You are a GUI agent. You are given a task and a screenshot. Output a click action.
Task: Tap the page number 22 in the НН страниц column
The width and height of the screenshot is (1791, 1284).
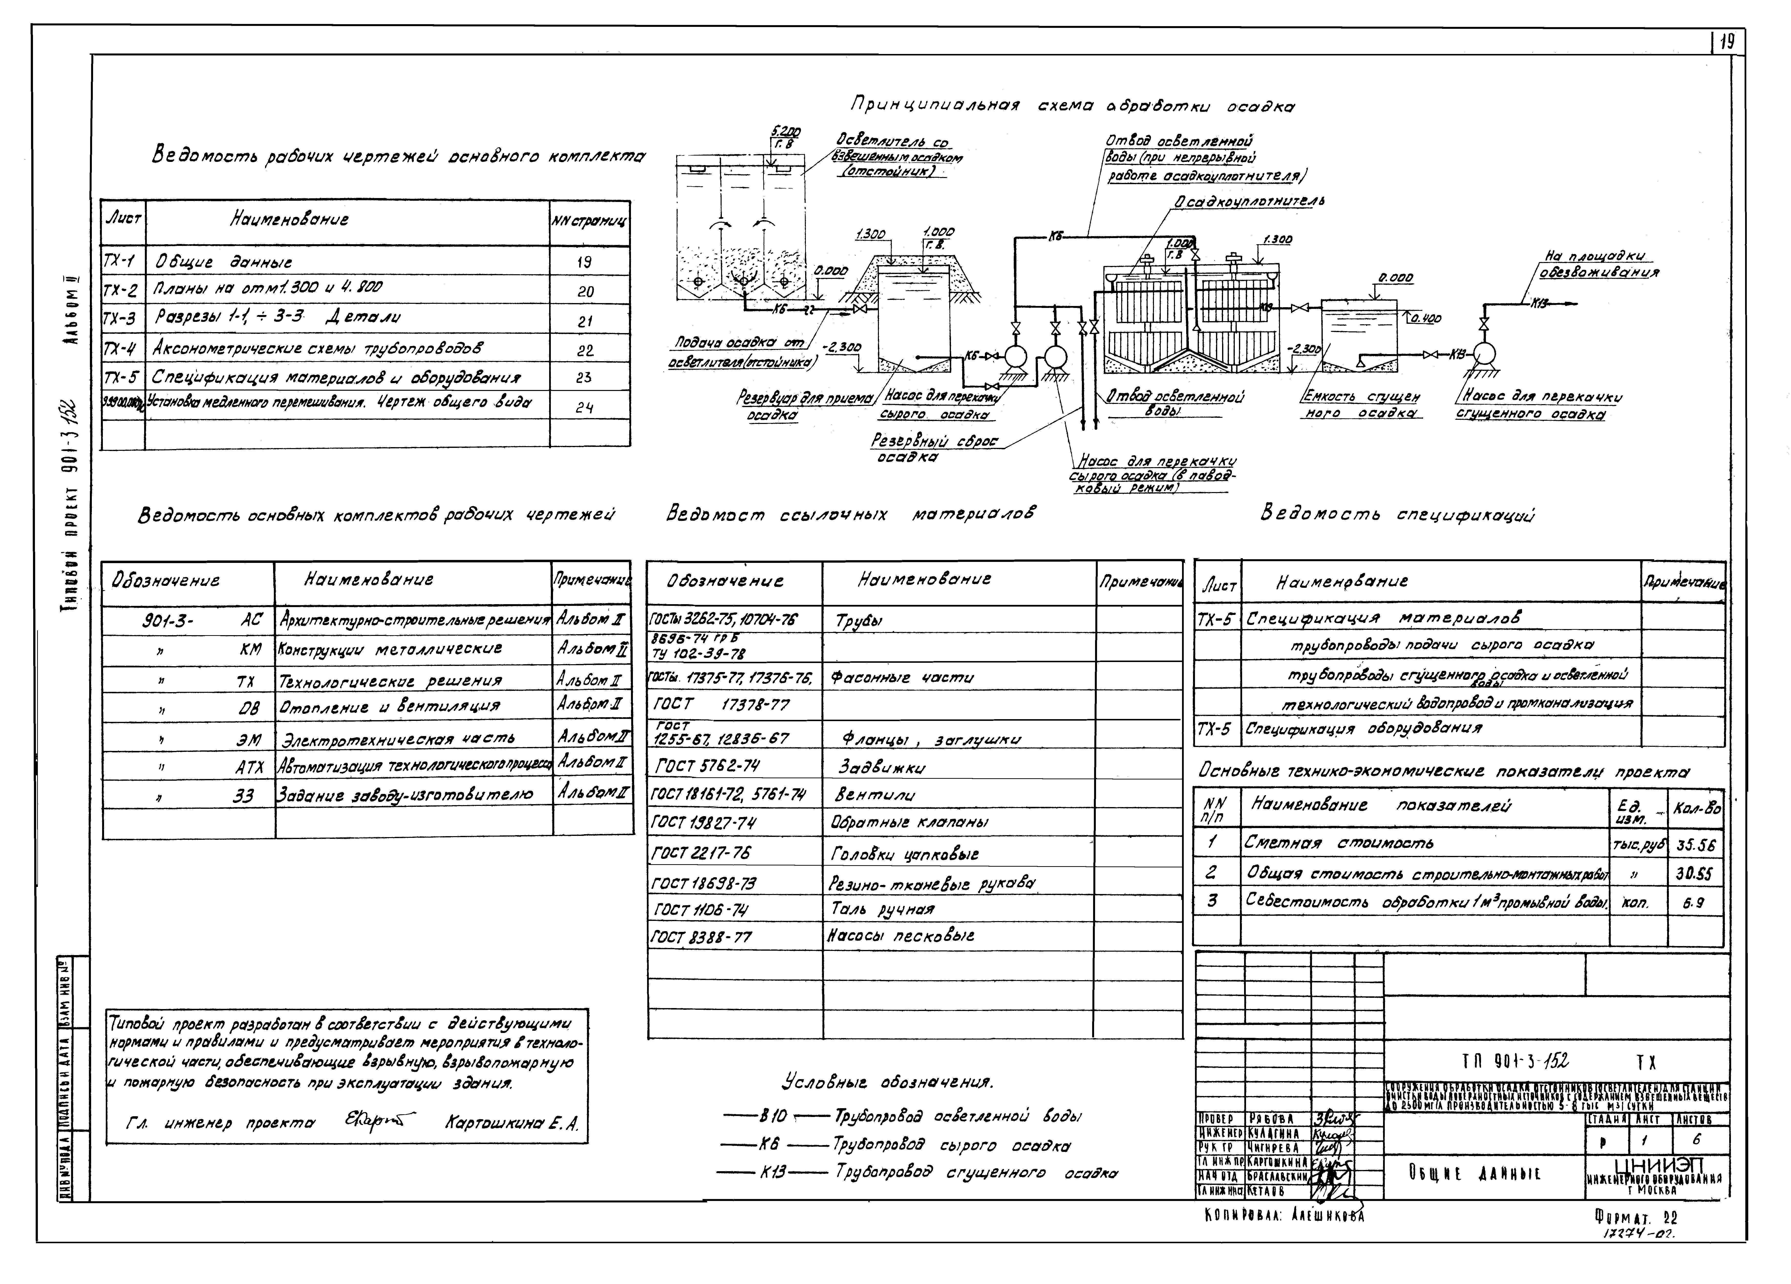click(585, 350)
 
